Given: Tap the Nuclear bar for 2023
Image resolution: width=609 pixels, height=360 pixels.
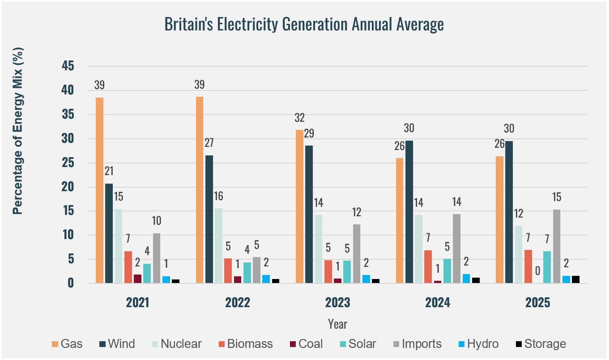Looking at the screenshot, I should click(318, 249).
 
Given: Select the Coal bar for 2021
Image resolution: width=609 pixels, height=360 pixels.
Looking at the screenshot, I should click(137, 279).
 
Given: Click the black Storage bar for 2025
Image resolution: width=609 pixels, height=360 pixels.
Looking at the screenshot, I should click(575, 279).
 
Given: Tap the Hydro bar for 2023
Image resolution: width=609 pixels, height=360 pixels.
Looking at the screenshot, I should click(366, 279).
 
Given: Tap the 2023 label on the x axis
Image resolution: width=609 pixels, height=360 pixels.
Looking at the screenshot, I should click(337, 303).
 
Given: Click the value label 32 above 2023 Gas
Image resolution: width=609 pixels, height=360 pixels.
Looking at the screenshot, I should click(299, 118).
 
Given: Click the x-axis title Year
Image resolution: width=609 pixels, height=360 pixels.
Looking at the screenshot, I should click(337, 324).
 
